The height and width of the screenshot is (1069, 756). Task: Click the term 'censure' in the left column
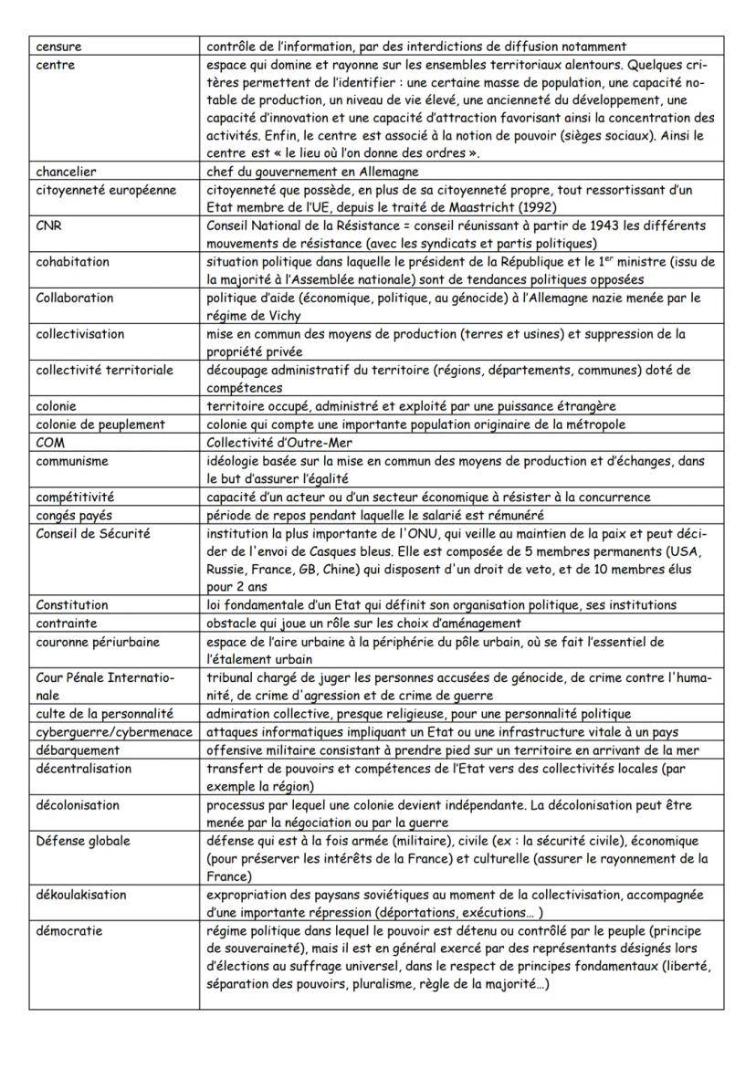(x=58, y=46)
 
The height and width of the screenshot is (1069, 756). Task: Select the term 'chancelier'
(x=67, y=171)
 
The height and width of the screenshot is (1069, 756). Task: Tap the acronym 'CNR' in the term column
(x=48, y=225)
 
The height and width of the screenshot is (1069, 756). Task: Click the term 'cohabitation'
(x=72, y=262)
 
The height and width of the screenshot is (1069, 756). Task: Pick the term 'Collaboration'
(x=75, y=299)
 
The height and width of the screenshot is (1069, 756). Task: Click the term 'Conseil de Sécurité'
(x=92, y=533)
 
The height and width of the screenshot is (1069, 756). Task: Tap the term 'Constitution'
(x=72, y=605)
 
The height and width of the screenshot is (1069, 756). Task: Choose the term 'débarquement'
(x=78, y=750)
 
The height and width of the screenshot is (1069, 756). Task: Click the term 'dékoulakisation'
(x=81, y=896)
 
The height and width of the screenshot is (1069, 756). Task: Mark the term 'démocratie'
(x=69, y=932)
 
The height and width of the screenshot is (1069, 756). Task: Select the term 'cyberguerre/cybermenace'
(x=114, y=732)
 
